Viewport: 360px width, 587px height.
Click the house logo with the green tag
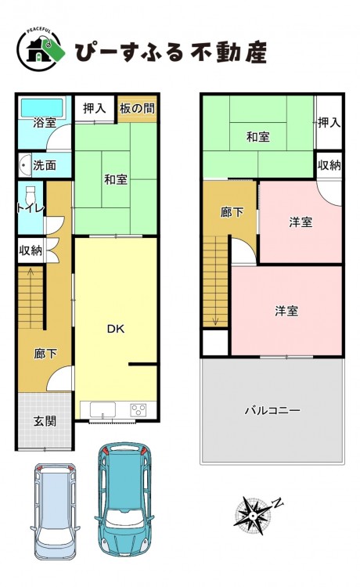[x=41, y=50]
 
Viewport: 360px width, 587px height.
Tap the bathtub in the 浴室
[x=42, y=108]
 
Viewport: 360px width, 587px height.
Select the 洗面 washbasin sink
[x=25, y=165]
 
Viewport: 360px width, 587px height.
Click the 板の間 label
[x=137, y=109]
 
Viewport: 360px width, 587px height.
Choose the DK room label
[x=116, y=329]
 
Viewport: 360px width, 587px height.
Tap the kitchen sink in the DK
[x=103, y=409]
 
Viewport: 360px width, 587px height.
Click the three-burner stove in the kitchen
[x=138, y=409]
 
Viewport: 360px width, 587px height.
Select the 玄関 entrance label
[x=45, y=421]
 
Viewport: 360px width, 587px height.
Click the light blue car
[x=55, y=512]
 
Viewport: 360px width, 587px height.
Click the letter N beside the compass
[x=277, y=503]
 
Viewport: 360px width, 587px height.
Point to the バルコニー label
[x=272, y=410]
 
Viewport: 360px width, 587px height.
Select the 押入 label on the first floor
[x=94, y=109]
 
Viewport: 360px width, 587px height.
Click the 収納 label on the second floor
[x=329, y=165]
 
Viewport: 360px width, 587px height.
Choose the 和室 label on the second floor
[x=257, y=137]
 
